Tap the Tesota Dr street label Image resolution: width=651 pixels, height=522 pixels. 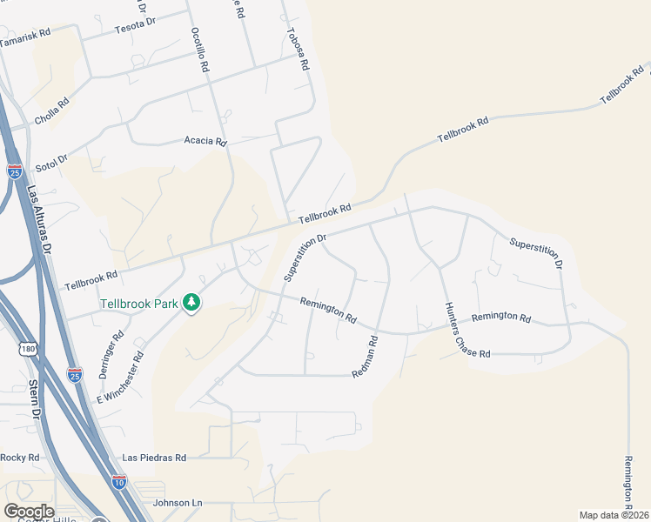135,29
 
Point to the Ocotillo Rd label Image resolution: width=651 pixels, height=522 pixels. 199,49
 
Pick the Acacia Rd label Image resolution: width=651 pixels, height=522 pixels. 205,141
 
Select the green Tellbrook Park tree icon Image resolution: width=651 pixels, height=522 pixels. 191,303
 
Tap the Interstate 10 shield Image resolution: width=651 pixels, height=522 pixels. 118,480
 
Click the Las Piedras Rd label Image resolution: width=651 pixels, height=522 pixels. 154,457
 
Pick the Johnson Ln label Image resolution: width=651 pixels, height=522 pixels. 177,503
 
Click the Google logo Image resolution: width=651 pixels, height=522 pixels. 29,511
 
